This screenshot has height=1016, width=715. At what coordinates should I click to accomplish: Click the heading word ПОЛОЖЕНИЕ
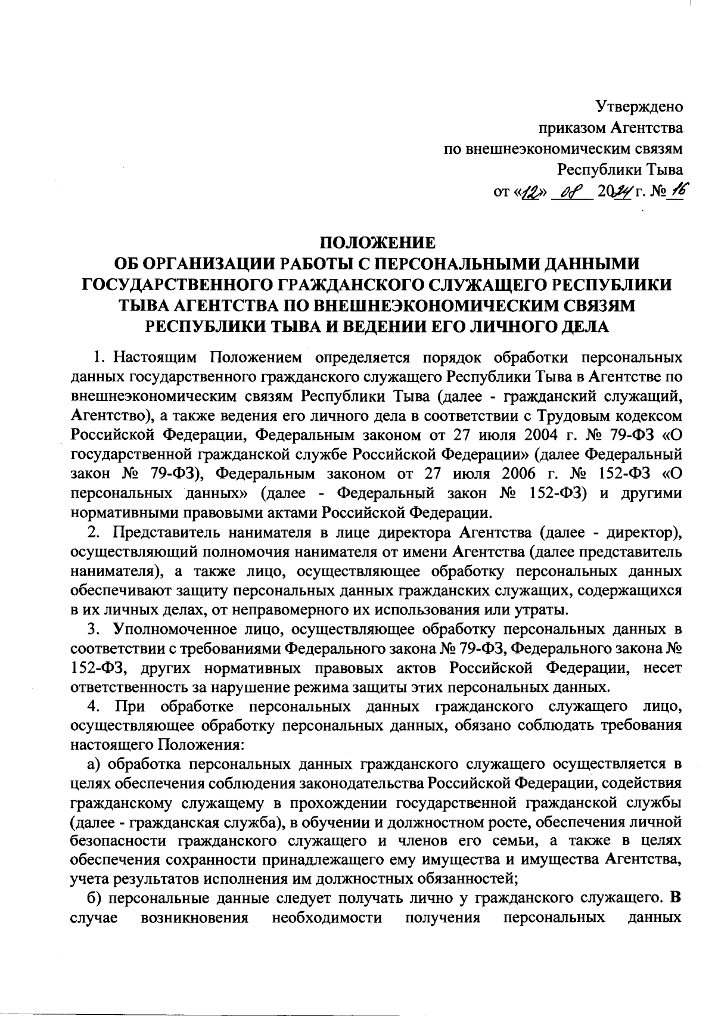click(x=378, y=243)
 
